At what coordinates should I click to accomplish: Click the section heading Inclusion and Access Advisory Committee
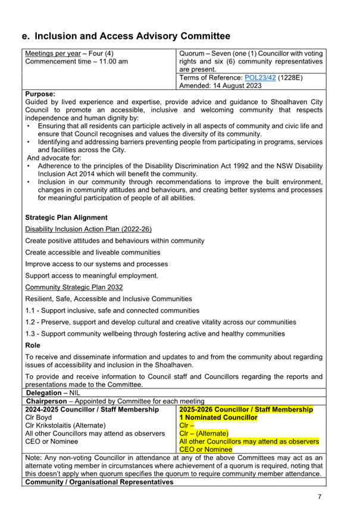126,37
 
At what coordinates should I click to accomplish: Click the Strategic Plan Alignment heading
66,218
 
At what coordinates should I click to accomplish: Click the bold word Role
33,345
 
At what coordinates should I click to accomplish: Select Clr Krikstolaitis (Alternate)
66,426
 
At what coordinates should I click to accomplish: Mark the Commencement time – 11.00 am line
76,61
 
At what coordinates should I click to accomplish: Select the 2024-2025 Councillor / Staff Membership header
92,410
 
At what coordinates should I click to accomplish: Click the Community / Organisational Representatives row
99,482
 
